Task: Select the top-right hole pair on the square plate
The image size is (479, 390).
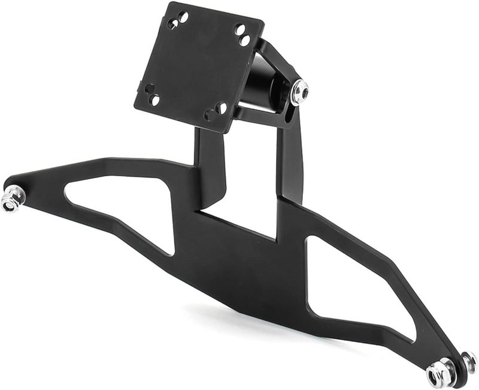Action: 242,34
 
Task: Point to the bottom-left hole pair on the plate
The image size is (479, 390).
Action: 152,94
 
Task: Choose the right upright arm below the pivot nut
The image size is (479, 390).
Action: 292,162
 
